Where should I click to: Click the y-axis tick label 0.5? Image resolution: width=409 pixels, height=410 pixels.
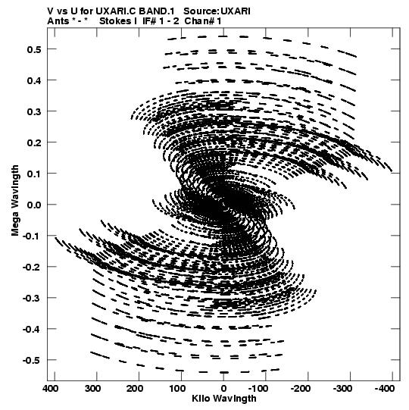[34, 49]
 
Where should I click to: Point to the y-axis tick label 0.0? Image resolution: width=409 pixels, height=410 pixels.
[34, 205]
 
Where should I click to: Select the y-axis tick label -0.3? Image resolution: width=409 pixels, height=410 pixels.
[32, 298]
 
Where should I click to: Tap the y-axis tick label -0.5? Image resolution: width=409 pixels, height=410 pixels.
[32, 360]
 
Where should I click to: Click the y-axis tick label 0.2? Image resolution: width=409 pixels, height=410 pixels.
[34, 142]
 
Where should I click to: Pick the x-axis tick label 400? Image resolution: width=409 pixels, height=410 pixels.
[51, 389]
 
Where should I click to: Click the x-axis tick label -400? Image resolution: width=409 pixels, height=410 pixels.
[385, 389]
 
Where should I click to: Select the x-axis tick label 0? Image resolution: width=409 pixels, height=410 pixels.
[223, 389]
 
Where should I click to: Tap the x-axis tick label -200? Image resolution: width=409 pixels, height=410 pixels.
[301, 389]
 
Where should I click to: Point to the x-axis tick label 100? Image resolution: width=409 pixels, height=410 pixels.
[177, 389]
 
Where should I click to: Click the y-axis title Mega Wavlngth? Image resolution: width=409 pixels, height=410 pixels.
[15, 201]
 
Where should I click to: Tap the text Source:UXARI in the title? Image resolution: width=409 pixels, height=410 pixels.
[217, 11]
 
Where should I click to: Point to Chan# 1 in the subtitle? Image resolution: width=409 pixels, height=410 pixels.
[203, 21]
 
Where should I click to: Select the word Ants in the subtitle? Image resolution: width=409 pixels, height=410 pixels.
[58, 21]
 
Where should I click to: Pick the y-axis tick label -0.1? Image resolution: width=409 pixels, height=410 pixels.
[32, 236]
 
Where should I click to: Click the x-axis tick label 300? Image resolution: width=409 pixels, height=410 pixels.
[92, 389]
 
